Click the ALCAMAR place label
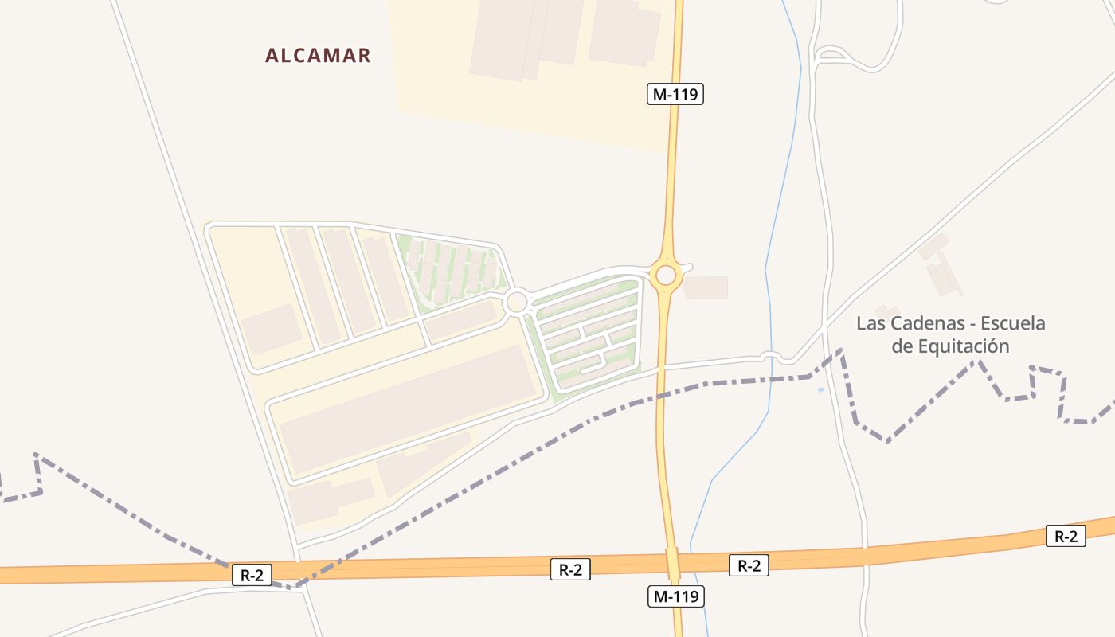pyautogui.click(x=318, y=56)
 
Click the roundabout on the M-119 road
pyautogui.click(x=666, y=276)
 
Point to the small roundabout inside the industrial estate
pyautogui.click(x=516, y=302)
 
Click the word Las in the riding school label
pyautogui.click(x=870, y=324)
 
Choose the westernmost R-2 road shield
pyautogui.click(x=252, y=575)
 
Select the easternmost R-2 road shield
pyautogui.click(x=1066, y=537)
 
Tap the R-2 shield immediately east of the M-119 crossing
pyautogui.click(x=749, y=566)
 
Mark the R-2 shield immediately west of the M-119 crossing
pyautogui.click(x=570, y=569)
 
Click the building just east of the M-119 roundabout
pyautogui.click(x=706, y=287)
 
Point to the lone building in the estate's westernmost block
pyautogui.click(x=271, y=329)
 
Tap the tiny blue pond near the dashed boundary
pyautogui.click(x=821, y=390)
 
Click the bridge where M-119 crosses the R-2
pyautogui.click(x=673, y=565)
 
